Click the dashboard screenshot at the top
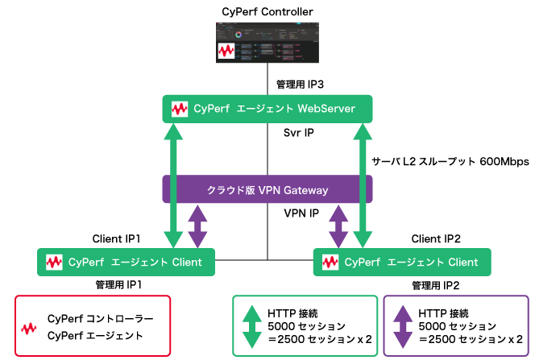pyautogui.click(x=267, y=42)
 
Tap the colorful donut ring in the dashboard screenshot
pyautogui.click(x=238, y=35)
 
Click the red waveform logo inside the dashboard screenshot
pyautogui.click(x=226, y=52)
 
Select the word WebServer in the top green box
pyautogui.click(x=327, y=109)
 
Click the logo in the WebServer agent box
pyautogui.click(x=179, y=109)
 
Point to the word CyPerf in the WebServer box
pyautogui.click(x=211, y=109)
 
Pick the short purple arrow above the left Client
pyautogui.click(x=197, y=226)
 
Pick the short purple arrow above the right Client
pyautogui.click(x=338, y=226)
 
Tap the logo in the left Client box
pyautogui.click(x=54, y=262)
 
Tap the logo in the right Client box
pyautogui.click(x=330, y=262)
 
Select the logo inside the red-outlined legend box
pyautogui.click(x=29, y=329)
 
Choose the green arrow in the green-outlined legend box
pyautogui.click(x=252, y=325)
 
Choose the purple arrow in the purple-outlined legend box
pyautogui.click(x=403, y=325)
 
